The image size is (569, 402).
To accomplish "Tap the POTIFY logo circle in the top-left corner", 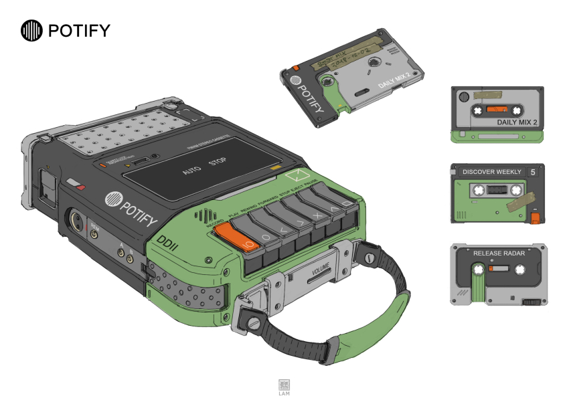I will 31,30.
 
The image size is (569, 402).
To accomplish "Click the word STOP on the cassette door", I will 218,162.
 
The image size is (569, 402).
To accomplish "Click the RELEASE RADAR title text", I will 499,254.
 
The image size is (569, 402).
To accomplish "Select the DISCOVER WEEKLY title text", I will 491,172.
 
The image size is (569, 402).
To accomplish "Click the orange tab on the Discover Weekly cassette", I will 534,217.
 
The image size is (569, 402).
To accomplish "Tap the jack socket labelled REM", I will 94,235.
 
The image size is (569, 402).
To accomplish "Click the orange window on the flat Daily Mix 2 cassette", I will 495,109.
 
